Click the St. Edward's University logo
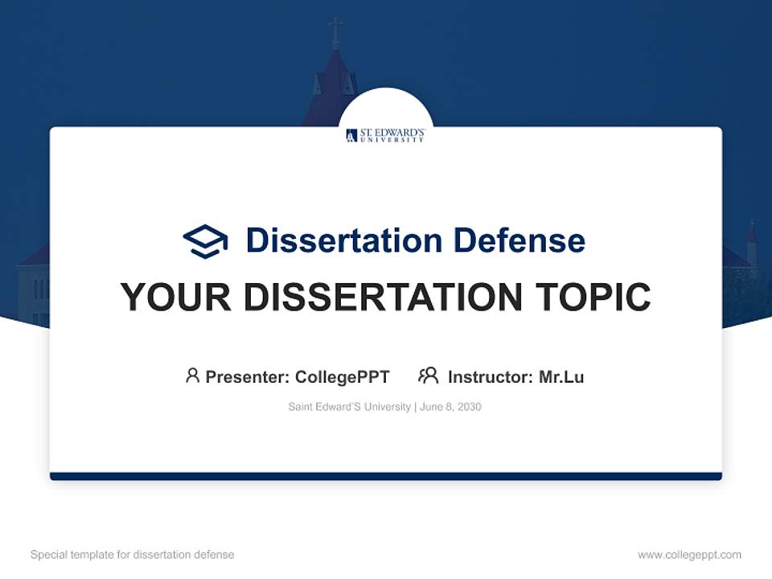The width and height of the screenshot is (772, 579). click(385, 135)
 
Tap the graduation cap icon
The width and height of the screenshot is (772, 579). click(205, 241)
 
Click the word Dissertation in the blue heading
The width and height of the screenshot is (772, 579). click(343, 240)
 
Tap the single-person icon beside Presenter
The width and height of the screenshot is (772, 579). click(192, 376)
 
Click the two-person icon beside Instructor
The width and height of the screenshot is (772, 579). click(428, 376)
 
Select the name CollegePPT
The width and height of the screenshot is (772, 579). click(343, 377)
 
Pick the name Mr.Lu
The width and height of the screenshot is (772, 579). click(561, 377)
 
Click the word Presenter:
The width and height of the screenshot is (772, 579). click(248, 377)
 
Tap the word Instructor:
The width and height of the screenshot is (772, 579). click(491, 377)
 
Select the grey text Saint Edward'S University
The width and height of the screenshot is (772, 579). click(349, 407)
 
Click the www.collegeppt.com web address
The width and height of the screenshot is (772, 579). click(689, 555)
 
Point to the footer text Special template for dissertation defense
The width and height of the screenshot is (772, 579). click(132, 555)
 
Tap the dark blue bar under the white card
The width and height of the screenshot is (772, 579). click(385, 476)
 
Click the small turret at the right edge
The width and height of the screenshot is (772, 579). click(751, 245)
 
